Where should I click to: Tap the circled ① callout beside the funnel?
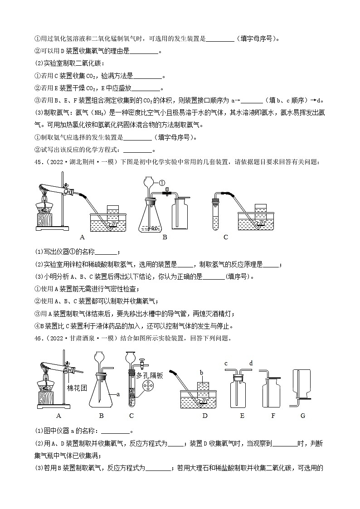(161, 183)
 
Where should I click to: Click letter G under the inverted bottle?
(303, 415)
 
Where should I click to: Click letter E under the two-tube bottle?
(242, 415)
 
